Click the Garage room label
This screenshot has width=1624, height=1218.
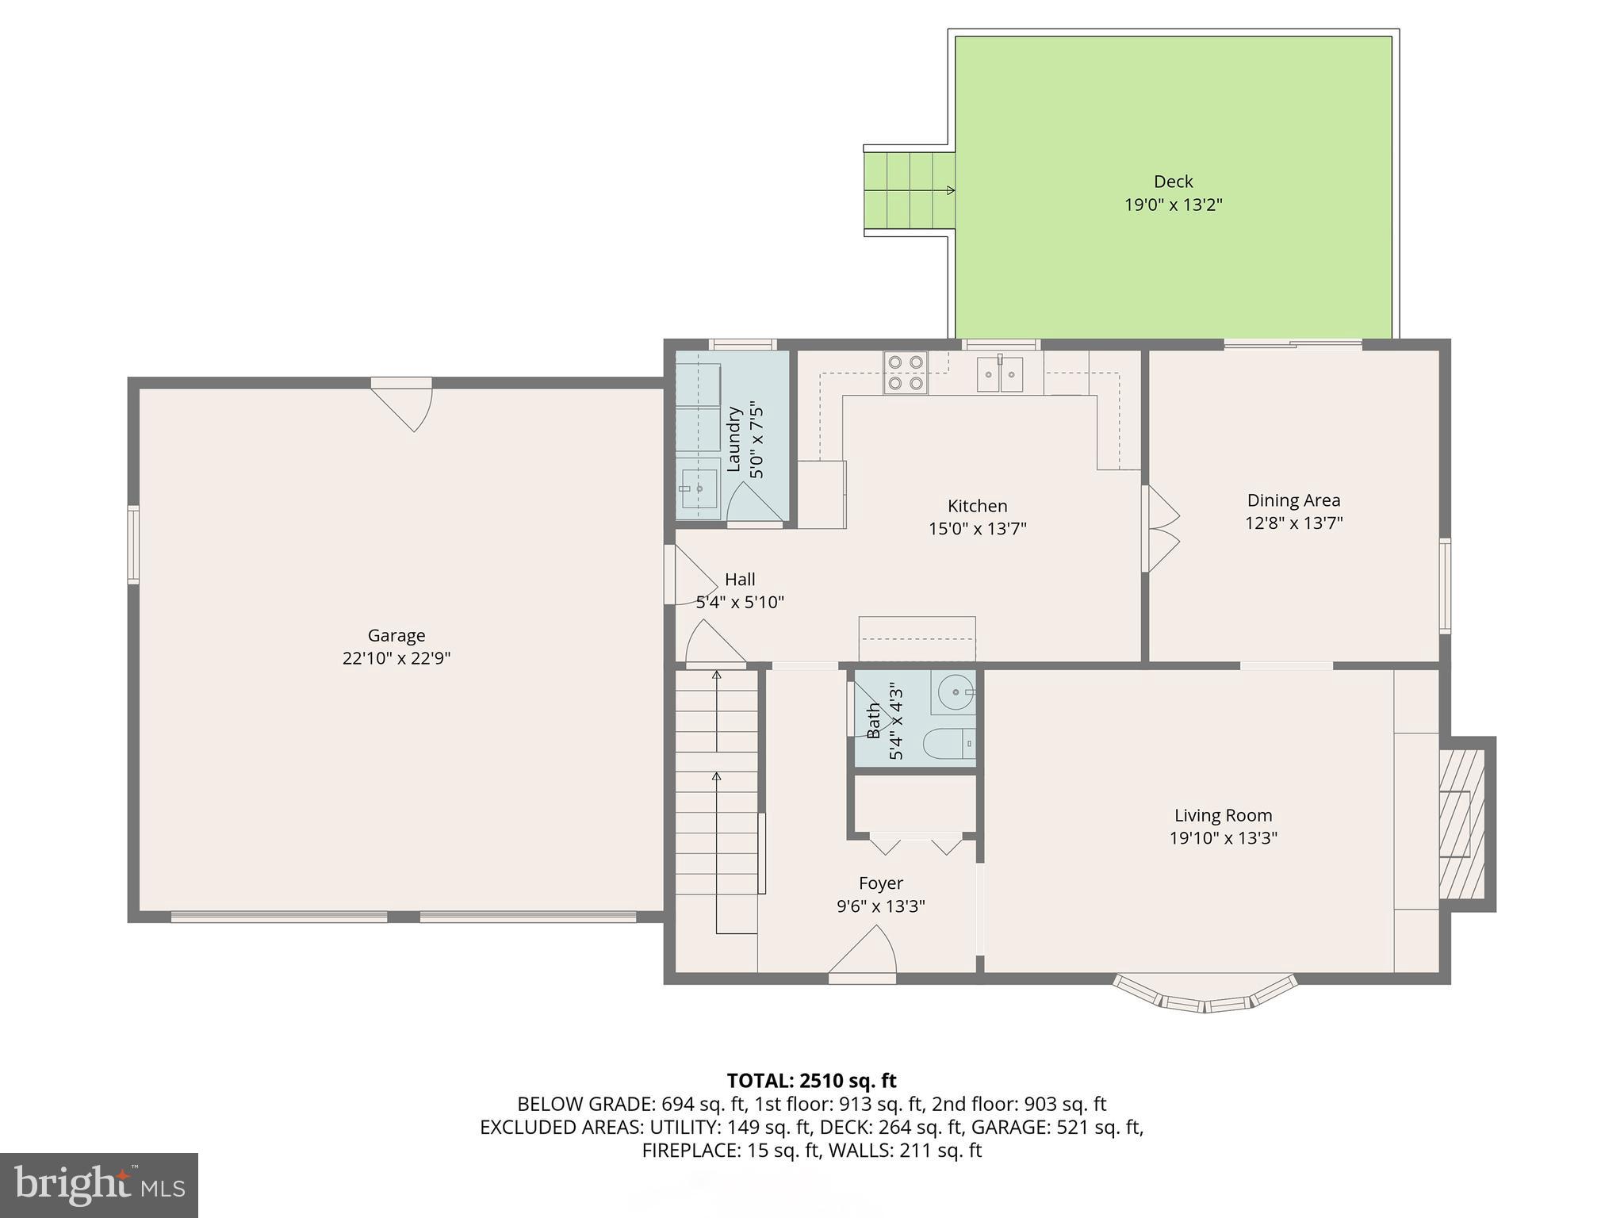(396, 635)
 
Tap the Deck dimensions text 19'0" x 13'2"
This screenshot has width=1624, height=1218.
(1173, 205)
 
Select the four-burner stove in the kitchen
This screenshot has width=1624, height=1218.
(906, 373)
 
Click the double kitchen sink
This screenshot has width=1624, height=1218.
(1000, 373)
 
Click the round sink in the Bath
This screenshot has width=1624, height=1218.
(956, 692)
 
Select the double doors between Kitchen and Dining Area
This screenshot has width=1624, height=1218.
(1160, 528)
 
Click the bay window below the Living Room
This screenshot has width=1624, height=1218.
(1205, 997)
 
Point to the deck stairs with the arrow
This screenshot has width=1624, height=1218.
(909, 190)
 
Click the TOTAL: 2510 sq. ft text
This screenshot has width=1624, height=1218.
(811, 1080)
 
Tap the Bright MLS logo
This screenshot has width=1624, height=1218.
(98, 1185)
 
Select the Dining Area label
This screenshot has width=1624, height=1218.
(1293, 500)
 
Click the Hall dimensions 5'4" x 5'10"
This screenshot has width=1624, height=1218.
(740, 602)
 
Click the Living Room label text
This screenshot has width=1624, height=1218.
(1223, 815)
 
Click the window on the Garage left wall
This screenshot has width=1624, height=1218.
(134, 545)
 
